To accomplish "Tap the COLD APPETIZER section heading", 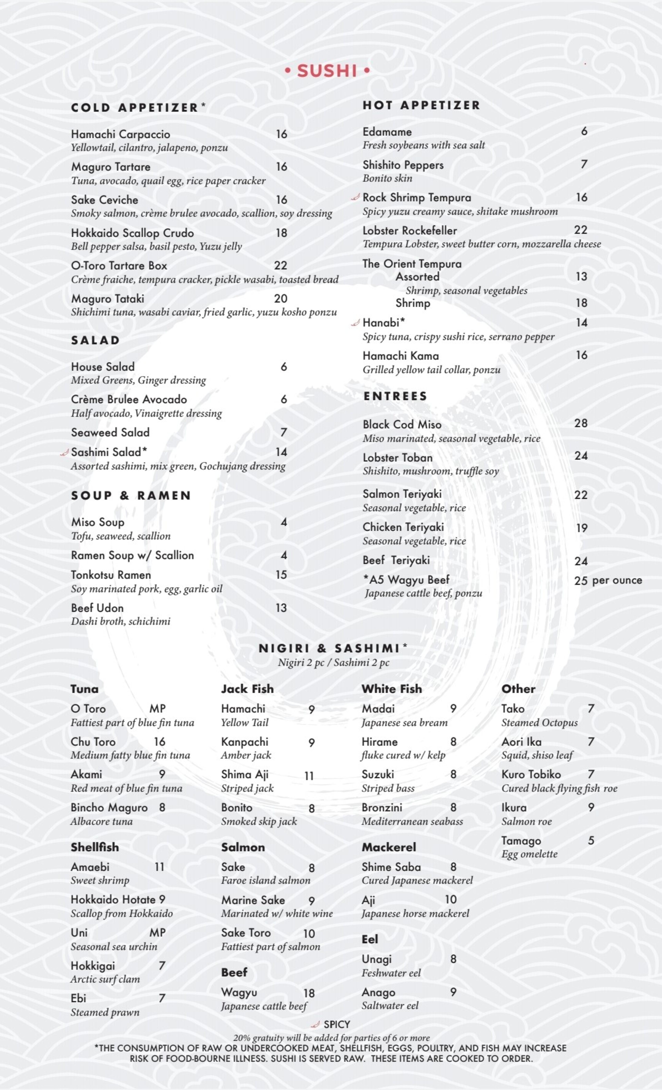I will click(135, 108).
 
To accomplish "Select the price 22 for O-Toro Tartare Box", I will click(280, 265).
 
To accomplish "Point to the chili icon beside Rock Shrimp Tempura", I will click(355, 197).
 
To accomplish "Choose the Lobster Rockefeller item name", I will click(409, 230).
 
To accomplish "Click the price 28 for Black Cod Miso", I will click(581, 423).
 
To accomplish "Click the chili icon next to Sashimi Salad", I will click(65, 452).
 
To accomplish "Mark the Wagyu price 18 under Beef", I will click(309, 993).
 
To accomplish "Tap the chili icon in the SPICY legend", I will click(315, 1025).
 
